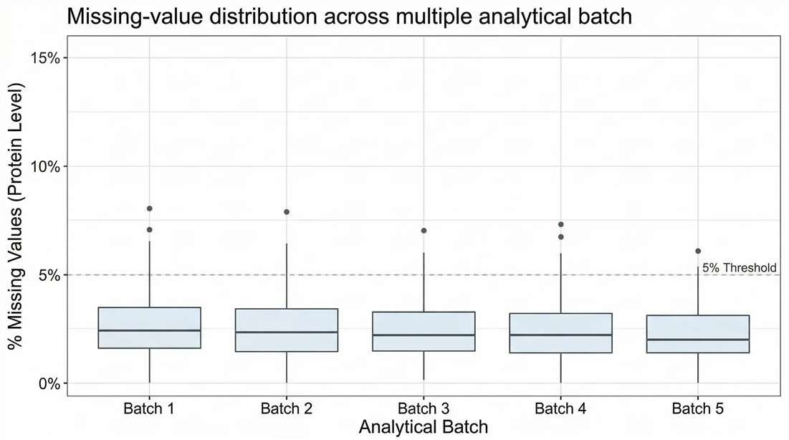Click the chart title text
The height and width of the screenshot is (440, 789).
coord(349,16)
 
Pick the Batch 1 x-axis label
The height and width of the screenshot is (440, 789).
coord(149,409)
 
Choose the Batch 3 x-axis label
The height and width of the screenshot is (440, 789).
coord(424,409)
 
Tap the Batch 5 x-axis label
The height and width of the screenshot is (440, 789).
coord(698,409)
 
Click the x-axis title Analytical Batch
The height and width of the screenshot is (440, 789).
coord(424,427)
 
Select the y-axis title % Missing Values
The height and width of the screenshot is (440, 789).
coord(16,216)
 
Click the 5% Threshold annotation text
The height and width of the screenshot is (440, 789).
coord(739,268)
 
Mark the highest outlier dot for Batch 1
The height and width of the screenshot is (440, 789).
coord(149,209)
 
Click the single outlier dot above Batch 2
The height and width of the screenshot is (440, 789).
coord(287,212)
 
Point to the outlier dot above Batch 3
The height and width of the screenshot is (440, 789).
coord(424,231)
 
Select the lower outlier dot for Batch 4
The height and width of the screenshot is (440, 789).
coord(561,236)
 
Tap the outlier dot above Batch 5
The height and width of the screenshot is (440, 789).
coord(698,251)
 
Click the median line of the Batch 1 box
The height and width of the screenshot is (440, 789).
coord(149,330)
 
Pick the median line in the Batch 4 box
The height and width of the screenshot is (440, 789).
coord(561,335)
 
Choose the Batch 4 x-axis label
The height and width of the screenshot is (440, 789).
coord(561,409)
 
